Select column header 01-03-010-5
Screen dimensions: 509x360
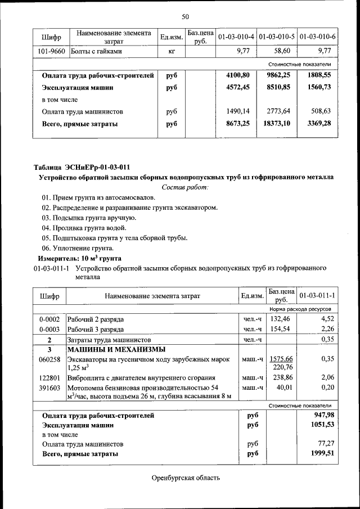(x=277, y=37)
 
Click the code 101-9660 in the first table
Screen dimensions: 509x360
(x=51, y=51)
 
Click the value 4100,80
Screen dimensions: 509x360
(x=237, y=74)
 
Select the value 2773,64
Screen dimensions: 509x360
(x=280, y=111)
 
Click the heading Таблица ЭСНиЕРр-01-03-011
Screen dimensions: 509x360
(x=82, y=167)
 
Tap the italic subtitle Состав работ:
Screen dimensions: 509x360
(x=185, y=187)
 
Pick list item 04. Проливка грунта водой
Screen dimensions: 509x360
(x=84, y=228)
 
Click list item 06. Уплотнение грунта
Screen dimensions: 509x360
(x=78, y=248)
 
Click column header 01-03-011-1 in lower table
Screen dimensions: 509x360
(x=317, y=295)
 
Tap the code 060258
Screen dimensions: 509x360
(x=49, y=359)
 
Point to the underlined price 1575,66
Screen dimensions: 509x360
(x=281, y=359)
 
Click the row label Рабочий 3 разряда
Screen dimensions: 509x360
(x=96, y=330)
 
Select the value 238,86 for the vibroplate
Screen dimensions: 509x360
(x=282, y=378)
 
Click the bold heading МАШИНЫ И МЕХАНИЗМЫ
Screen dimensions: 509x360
(x=113, y=349)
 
